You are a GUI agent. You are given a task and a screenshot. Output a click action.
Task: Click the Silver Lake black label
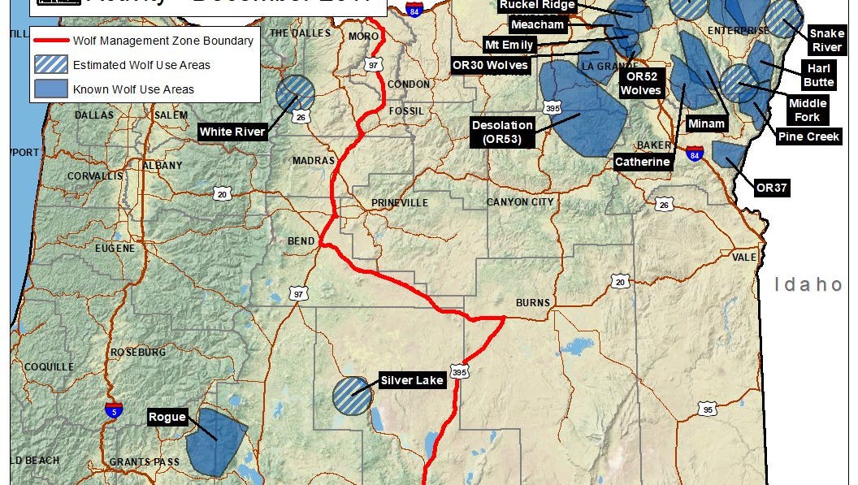[x=411, y=380]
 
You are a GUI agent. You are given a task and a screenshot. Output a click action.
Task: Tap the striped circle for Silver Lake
[x=353, y=396]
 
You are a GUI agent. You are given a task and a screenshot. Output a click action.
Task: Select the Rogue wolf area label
[x=167, y=418]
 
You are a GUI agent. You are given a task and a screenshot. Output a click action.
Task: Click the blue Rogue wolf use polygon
[x=216, y=442]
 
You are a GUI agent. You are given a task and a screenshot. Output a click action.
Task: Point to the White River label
[x=233, y=132]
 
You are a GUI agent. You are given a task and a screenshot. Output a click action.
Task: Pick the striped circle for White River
[x=295, y=94]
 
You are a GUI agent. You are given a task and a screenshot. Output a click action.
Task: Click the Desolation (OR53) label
[x=503, y=132]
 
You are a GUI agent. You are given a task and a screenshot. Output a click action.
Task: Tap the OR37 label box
[x=773, y=188]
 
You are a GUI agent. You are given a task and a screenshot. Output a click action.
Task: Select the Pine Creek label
[x=808, y=136]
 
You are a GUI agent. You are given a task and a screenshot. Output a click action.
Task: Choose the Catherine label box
[x=642, y=162]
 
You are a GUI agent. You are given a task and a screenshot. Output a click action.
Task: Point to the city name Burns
[x=533, y=303]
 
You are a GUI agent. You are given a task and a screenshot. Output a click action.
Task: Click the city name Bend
[x=301, y=242]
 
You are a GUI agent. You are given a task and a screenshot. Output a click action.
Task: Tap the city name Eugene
[x=115, y=248]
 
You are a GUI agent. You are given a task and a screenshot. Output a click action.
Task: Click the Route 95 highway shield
[x=708, y=409]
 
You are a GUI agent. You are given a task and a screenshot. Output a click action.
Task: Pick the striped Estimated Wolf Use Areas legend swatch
[x=50, y=66]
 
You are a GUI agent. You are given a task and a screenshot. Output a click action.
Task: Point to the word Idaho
[x=808, y=284]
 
